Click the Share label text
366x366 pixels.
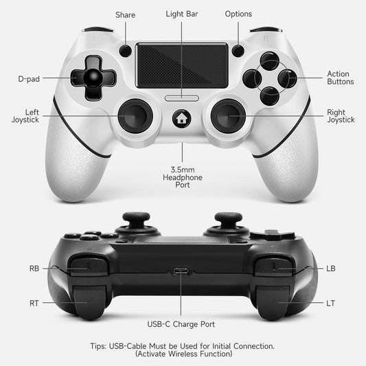125,14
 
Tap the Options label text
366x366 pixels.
238,14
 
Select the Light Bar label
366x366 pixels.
182,14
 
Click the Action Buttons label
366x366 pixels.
340,78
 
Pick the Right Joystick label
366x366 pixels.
341,115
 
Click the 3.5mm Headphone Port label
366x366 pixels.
182,176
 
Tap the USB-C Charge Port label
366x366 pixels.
182,323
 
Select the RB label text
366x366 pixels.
35,268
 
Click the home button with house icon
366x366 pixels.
183,118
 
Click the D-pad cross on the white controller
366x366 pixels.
89,78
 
